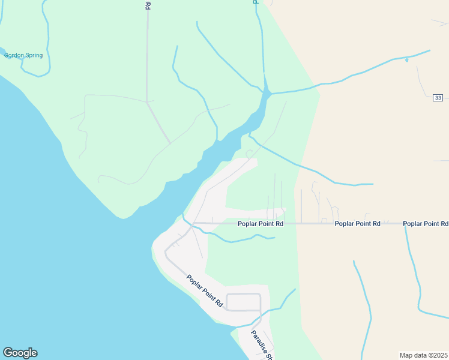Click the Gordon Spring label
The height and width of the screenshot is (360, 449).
[23, 56]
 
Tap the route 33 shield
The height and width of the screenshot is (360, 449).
[438, 98]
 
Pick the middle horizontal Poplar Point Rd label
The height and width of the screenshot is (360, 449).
[358, 224]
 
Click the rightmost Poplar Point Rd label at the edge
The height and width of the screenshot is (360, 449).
[426, 224]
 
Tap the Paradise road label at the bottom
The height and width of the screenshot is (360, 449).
[262, 346]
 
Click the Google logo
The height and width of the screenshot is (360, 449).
[20, 353]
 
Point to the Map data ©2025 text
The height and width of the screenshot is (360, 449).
[424, 355]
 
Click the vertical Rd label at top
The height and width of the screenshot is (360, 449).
[148, 5]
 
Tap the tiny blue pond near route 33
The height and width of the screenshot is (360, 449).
[406, 60]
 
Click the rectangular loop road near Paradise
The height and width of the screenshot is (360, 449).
[243, 302]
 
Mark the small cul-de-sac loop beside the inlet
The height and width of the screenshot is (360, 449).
[249, 154]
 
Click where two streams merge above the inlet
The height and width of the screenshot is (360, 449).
[268, 94]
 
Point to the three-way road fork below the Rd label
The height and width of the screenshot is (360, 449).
[147, 102]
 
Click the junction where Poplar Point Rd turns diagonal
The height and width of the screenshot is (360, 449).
[193, 223]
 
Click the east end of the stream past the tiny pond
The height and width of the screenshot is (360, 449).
[429, 51]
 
